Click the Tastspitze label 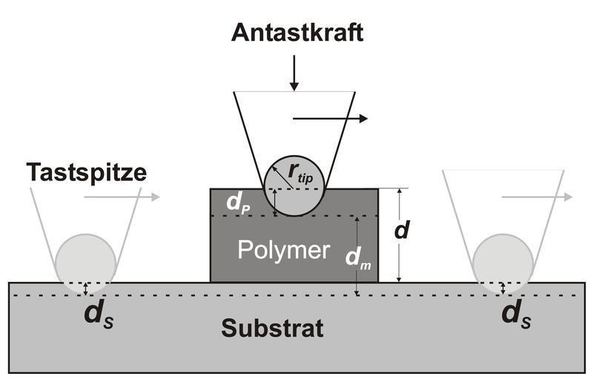point(87,172)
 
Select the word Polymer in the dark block point(283,251)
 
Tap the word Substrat point(272,328)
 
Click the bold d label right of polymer point(402,231)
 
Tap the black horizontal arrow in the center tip point(331,118)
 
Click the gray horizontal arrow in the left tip point(122,197)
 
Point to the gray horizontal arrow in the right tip point(537,197)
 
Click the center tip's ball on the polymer point(294,186)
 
